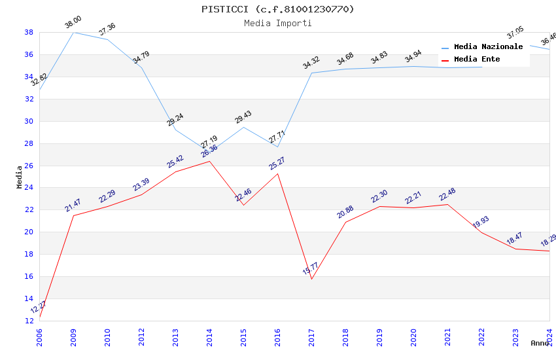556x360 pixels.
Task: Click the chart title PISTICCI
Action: pyautogui.click(x=277, y=9)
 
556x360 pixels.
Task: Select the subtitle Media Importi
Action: pyautogui.click(x=277, y=23)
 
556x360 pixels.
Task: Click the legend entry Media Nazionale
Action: pyautogui.click(x=488, y=47)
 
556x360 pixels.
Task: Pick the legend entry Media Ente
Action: pyautogui.click(x=477, y=60)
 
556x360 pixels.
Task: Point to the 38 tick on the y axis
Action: pyautogui.click(x=29, y=32)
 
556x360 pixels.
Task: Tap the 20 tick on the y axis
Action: pyautogui.click(x=29, y=232)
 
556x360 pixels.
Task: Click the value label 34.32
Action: pyautogui.click(x=311, y=63)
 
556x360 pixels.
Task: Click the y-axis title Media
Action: pyautogui.click(x=20, y=177)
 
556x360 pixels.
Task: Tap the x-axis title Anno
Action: pyautogui.click(x=540, y=343)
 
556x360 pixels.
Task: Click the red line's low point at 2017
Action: pyautogui.click(x=311, y=279)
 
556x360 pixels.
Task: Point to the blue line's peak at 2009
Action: pyautogui.click(x=73, y=32)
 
